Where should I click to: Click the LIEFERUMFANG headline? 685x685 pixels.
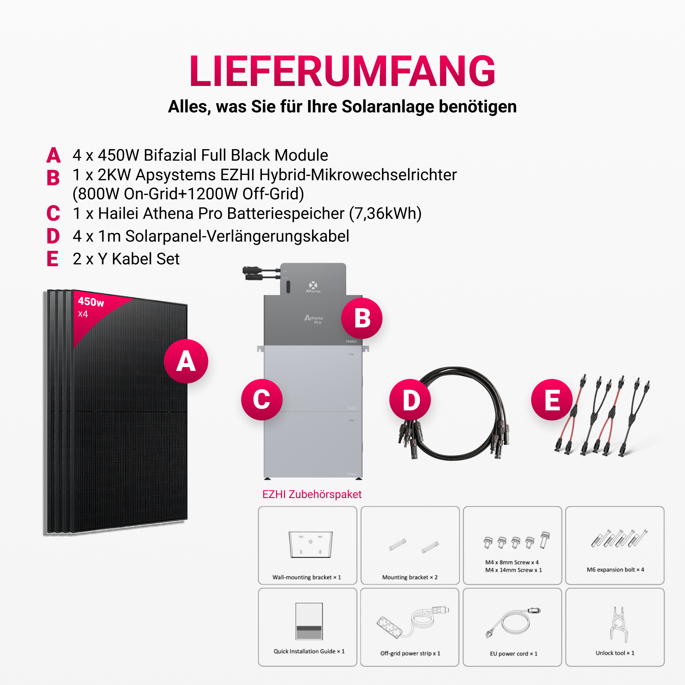(x=342, y=71)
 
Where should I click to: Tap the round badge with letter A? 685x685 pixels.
(x=186, y=361)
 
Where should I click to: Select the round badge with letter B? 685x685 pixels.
(x=362, y=318)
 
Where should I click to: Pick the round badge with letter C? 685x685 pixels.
(x=262, y=400)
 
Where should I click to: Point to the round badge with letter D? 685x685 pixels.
(x=410, y=400)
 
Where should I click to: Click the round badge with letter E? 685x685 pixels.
(x=552, y=400)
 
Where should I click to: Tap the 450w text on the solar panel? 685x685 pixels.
(x=91, y=302)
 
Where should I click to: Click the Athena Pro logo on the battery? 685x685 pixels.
(x=314, y=319)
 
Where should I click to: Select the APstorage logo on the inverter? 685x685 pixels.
(x=313, y=287)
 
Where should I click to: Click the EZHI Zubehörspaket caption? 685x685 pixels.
(x=312, y=494)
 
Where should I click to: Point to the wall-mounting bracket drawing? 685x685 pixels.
(x=311, y=545)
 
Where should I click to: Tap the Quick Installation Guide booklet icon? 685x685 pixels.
(x=309, y=621)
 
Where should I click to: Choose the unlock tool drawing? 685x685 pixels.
(x=619, y=625)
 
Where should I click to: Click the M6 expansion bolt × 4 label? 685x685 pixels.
(x=615, y=570)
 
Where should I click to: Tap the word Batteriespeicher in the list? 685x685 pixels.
(x=285, y=213)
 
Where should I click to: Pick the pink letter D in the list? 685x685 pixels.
(x=53, y=236)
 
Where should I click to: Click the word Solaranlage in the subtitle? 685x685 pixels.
(x=388, y=107)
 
